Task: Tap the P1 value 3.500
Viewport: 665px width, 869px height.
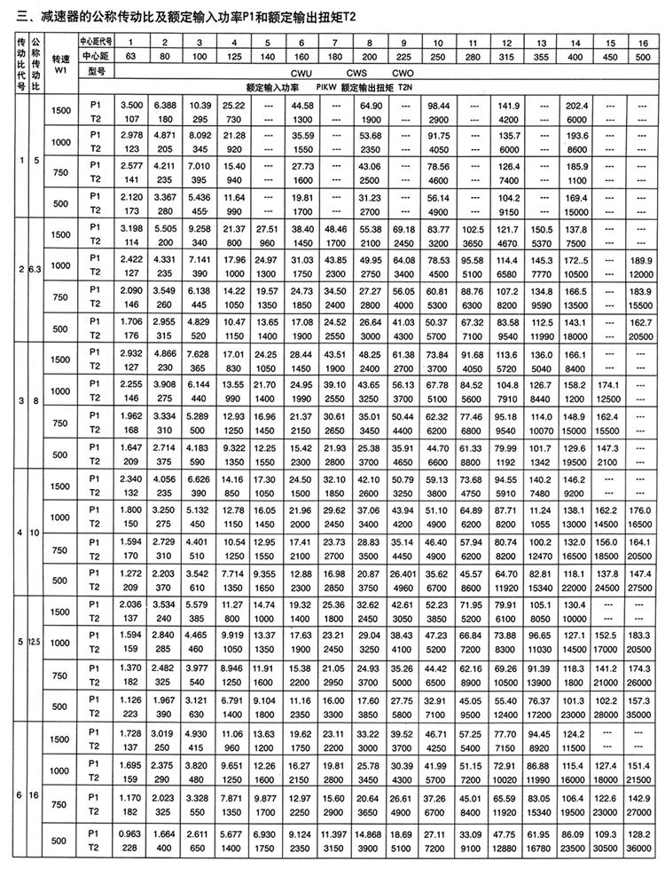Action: point(131,106)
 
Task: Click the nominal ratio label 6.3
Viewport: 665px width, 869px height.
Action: point(35,267)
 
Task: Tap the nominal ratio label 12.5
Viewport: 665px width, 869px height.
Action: point(35,641)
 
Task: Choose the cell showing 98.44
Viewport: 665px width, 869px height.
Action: point(438,106)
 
